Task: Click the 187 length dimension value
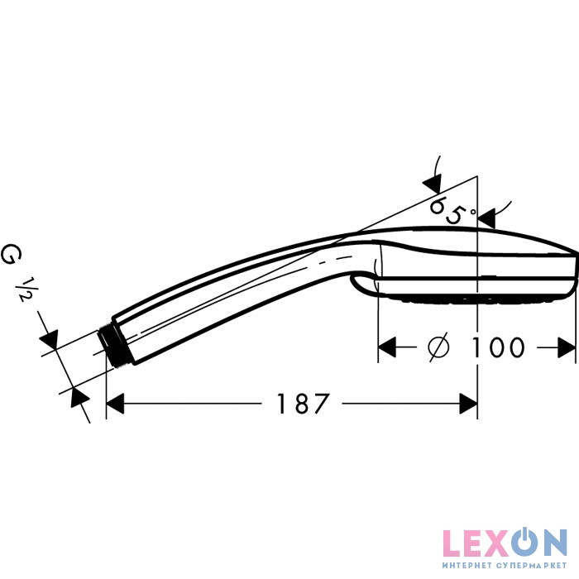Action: point(303,404)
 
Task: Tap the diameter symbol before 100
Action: point(438,347)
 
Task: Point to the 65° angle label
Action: point(453,210)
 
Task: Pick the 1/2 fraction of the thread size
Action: point(26,289)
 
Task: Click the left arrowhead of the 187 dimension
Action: point(115,404)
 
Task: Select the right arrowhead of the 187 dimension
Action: point(468,404)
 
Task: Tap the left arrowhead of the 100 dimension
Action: point(387,347)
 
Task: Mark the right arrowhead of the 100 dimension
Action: point(567,347)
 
